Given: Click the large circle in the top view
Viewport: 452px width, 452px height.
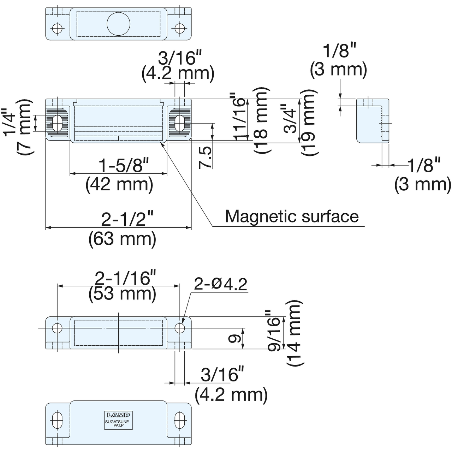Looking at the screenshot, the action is pyautogui.click(x=118, y=23).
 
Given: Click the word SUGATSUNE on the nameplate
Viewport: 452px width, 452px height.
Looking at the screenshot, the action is pyautogui.click(x=117, y=422).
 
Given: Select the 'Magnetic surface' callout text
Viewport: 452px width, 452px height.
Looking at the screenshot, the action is pyautogui.click(x=292, y=216).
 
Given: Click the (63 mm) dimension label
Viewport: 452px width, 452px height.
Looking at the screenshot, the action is pyautogui.click(x=122, y=239).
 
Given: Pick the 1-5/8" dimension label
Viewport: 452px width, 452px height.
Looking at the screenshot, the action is pyautogui.click(x=124, y=165).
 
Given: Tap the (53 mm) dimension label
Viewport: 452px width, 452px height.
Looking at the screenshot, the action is pyautogui.click(x=122, y=293).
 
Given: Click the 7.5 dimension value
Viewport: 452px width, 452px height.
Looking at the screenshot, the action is pyautogui.click(x=206, y=157).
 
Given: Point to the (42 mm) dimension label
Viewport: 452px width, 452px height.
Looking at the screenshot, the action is pyautogui.click(x=119, y=185).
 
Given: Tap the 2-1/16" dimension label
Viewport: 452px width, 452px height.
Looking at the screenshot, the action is pyautogui.click(x=125, y=278).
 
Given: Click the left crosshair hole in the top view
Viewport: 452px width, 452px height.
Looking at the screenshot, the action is pyautogui.click(x=57, y=28).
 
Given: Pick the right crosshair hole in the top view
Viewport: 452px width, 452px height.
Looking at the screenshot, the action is pyautogui.click(x=180, y=28).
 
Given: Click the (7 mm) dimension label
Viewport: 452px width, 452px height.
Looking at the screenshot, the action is pyautogui.click(x=24, y=127).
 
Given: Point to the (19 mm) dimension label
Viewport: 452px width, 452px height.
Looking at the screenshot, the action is pyautogui.click(x=310, y=122).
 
